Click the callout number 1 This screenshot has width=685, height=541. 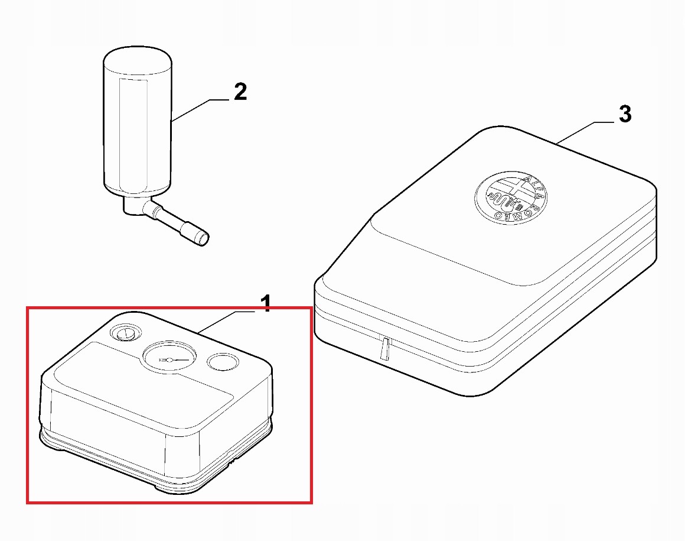266,303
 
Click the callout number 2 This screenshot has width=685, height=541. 240,92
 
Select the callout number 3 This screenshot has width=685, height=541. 625,114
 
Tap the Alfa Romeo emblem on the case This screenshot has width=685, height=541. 510,198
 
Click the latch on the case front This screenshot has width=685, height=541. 384,349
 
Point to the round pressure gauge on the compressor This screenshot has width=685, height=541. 169,357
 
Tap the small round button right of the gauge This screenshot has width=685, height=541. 223,362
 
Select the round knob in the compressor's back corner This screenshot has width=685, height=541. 125,333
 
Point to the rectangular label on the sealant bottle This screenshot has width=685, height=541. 133,134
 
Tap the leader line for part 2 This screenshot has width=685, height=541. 200,110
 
